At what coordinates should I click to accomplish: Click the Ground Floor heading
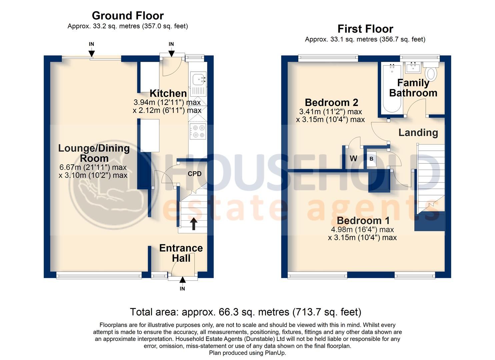click(128, 16)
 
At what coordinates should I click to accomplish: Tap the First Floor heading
click(365, 29)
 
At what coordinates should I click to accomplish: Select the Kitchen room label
click(168, 93)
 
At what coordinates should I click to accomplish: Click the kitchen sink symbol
click(198, 80)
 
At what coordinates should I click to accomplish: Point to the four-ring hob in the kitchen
click(198, 131)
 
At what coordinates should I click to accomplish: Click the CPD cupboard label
click(195, 174)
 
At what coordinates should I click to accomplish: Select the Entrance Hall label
click(181, 253)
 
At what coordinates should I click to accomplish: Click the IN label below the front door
click(182, 289)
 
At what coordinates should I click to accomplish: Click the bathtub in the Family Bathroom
click(392, 88)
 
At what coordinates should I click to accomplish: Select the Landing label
click(418, 133)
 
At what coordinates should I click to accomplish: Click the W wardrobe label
click(353, 158)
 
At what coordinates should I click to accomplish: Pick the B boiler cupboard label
click(371, 159)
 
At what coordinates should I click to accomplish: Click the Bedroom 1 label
click(363, 220)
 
